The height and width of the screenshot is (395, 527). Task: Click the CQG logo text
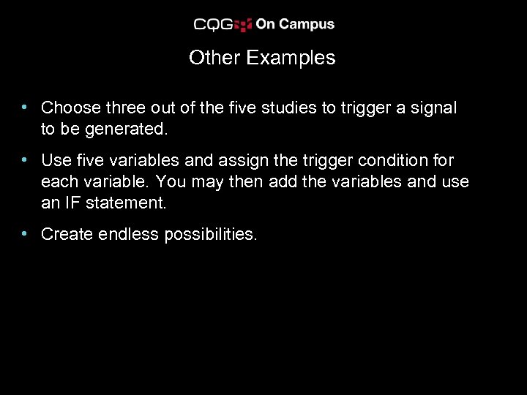[x=213, y=24]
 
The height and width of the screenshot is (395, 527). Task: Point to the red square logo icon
[x=244, y=24]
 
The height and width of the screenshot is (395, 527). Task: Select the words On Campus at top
[x=295, y=24]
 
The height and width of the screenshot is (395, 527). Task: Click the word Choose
[x=71, y=108]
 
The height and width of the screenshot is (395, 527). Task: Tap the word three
[x=126, y=108]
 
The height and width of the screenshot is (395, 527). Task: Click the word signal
[x=432, y=108]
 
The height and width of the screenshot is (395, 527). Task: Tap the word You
[x=171, y=181]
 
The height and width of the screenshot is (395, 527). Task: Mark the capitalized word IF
[x=73, y=203]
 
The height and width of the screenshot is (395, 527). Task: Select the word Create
[x=67, y=234]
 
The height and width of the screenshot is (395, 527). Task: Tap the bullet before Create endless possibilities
[x=25, y=234]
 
